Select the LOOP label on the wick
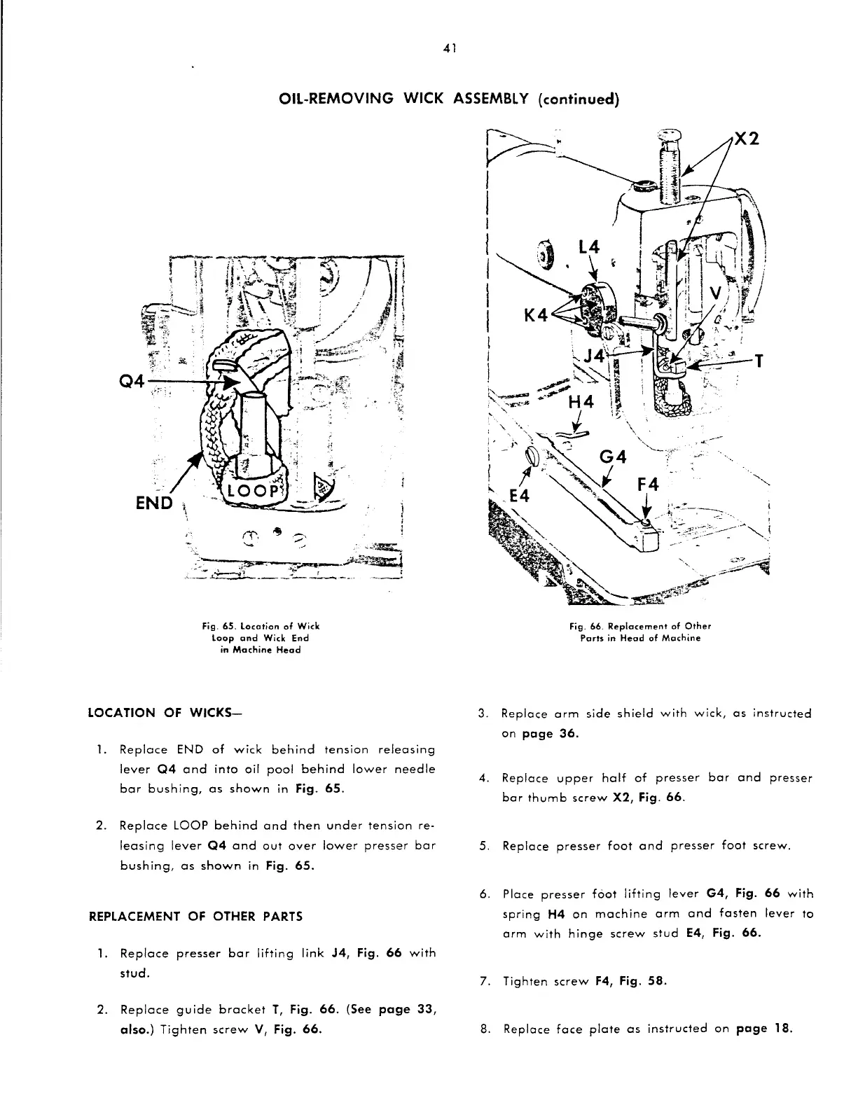pos(254,490)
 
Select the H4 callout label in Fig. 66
pos(581,403)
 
